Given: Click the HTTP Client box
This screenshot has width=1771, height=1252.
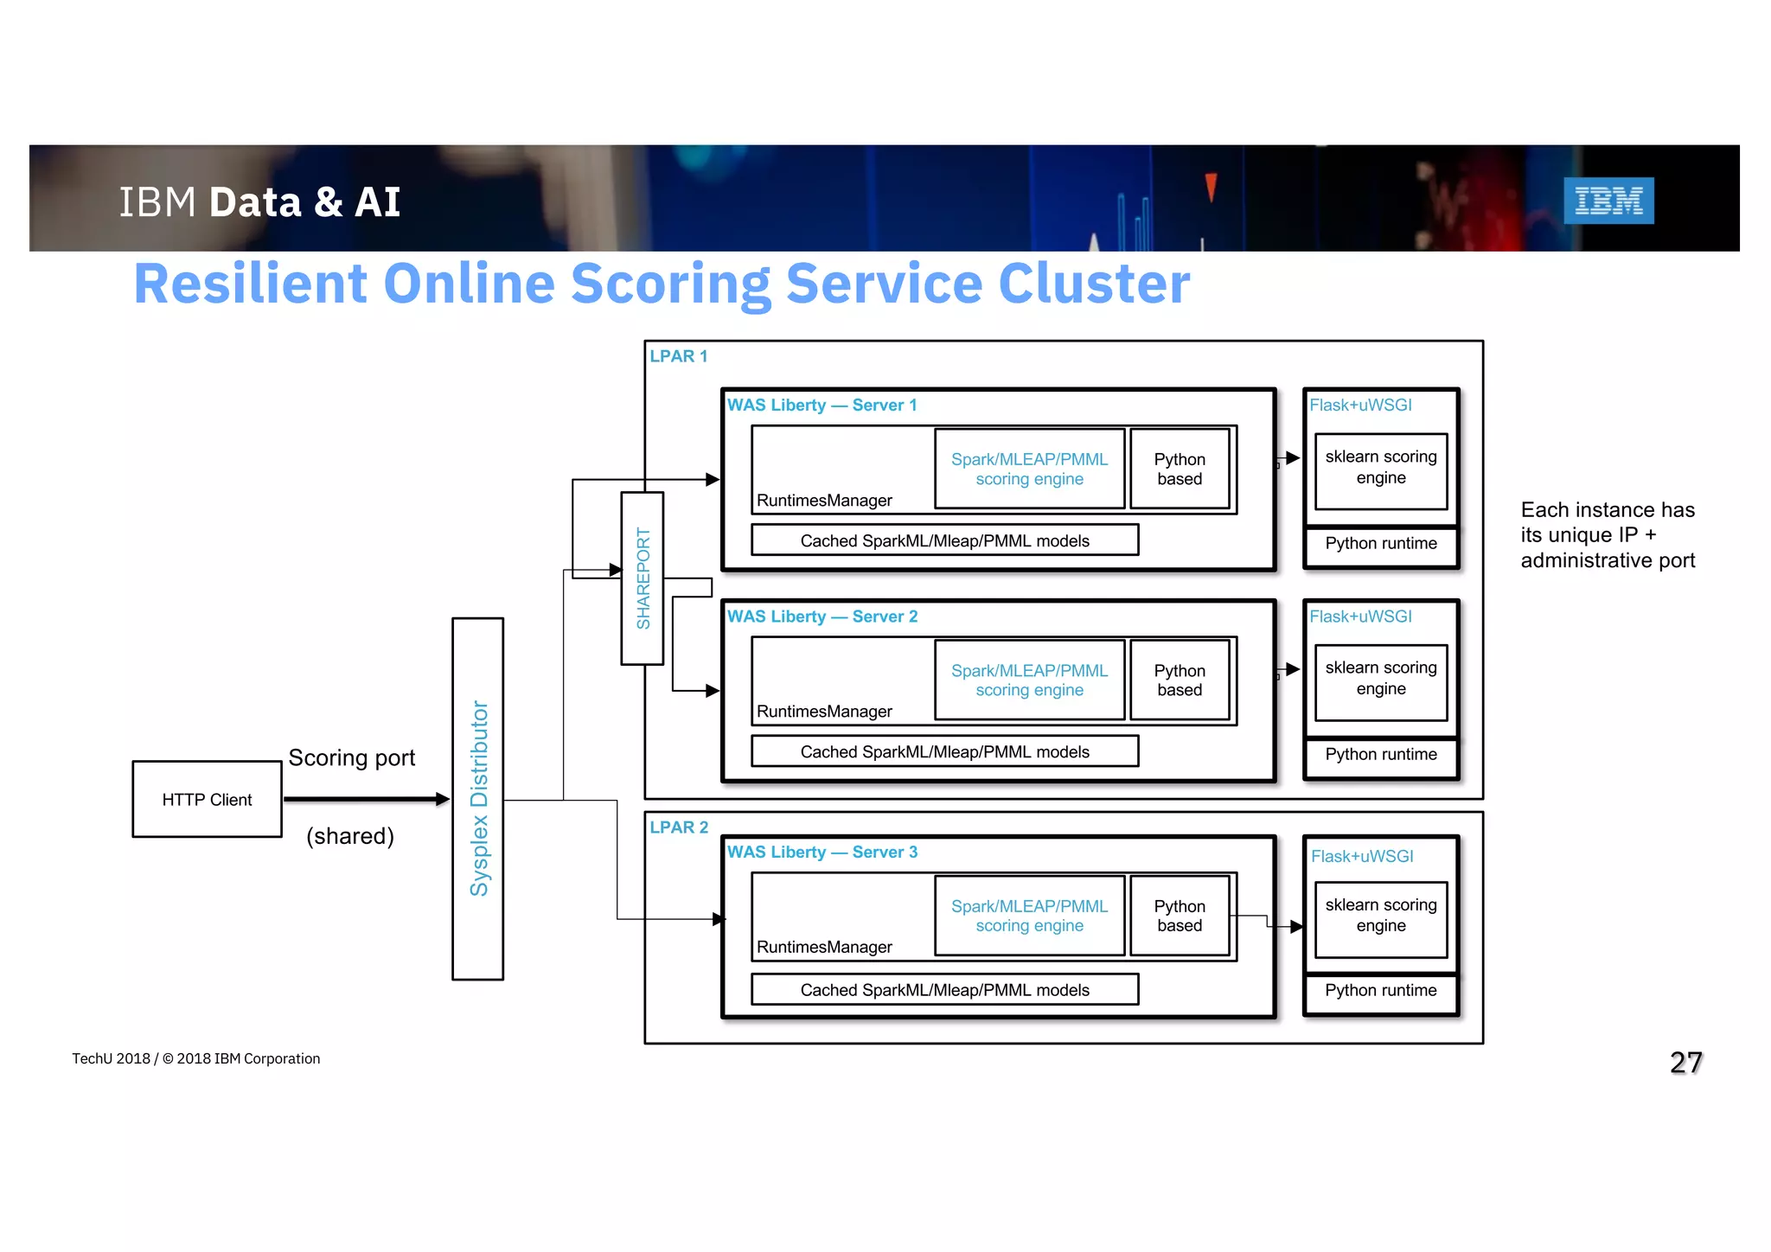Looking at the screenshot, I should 207,799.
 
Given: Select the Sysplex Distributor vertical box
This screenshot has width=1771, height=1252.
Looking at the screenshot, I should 477,798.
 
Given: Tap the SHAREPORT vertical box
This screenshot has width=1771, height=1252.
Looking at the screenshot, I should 643,578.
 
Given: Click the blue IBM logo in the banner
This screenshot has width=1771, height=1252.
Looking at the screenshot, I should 1608,201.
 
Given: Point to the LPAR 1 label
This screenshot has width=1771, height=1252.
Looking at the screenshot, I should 679,356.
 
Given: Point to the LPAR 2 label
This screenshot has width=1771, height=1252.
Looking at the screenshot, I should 679,827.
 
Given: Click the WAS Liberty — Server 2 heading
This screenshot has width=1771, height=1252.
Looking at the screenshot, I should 822,616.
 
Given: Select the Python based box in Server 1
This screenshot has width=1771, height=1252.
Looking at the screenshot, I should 1180,469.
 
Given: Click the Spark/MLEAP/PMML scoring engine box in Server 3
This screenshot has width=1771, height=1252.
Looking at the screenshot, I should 1029,916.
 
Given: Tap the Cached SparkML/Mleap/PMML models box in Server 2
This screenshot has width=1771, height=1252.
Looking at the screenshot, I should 944,751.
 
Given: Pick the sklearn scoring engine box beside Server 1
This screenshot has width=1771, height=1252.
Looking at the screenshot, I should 1380,468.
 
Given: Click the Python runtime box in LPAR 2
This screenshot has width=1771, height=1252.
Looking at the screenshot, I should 1380,991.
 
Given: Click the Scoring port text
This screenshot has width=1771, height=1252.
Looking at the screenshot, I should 351,757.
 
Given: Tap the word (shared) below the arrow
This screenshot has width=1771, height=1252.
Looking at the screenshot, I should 349,836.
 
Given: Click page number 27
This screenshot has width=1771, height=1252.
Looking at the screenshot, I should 1685,1062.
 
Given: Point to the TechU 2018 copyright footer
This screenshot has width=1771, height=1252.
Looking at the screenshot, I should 195,1058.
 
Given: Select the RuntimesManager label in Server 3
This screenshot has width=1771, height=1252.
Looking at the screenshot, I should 824,947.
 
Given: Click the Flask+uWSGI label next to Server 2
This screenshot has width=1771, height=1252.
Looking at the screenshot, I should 1360,616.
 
